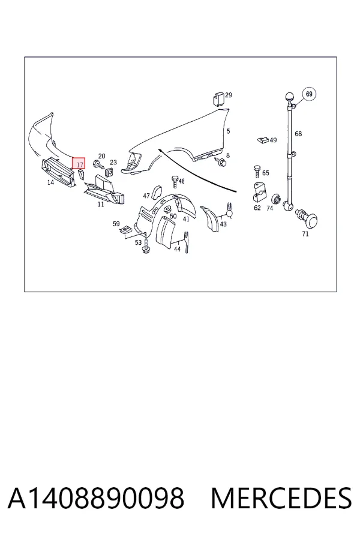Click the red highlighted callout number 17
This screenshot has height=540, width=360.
pyautogui.click(x=79, y=163)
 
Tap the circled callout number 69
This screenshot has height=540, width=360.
pyautogui.click(x=309, y=94)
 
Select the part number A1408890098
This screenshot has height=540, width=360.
pyautogui.click(x=96, y=499)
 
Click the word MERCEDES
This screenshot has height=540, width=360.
pyautogui.click(x=281, y=499)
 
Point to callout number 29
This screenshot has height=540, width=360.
pyautogui.click(x=229, y=95)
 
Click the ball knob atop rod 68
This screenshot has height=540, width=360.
pyautogui.click(x=290, y=97)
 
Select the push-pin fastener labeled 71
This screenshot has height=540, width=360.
pyautogui.click(x=308, y=218)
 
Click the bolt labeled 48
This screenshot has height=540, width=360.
pyautogui.click(x=175, y=181)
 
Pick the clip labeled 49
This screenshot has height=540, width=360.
pyautogui.click(x=263, y=140)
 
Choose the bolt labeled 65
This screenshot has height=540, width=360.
pyautogui.click(x=257, y=171)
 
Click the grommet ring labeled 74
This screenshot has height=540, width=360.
pyautogui.click(x=276, y=199)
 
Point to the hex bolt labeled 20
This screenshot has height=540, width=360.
pyautogui.click(x=98, y=165)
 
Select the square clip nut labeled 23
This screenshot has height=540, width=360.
pyautogui.click(x=110, y=171)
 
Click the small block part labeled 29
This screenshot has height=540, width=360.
pyautogui.click(x=218, y=99)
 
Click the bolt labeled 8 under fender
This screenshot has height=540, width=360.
pyautogui.click(x=221, y=162)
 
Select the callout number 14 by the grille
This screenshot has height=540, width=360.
pyautogui.click(x=50, y=182)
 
